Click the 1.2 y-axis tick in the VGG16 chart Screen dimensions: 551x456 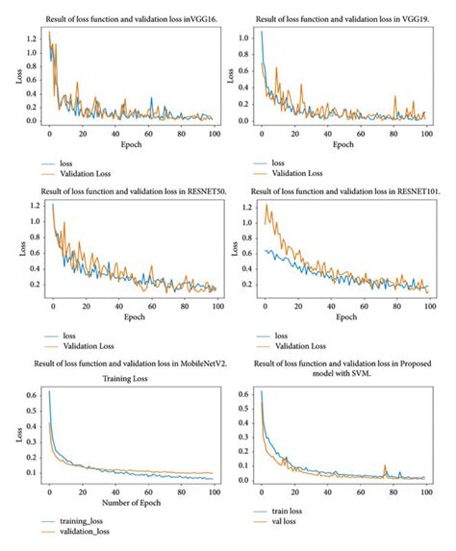click(32, 38)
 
